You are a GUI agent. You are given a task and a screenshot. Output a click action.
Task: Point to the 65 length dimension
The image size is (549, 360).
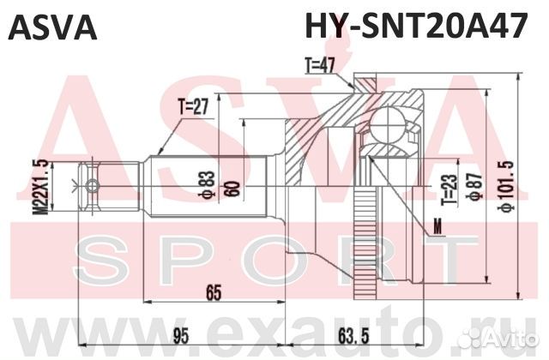coord(213,291)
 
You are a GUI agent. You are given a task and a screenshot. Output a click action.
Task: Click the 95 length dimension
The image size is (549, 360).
coord(178,333)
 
